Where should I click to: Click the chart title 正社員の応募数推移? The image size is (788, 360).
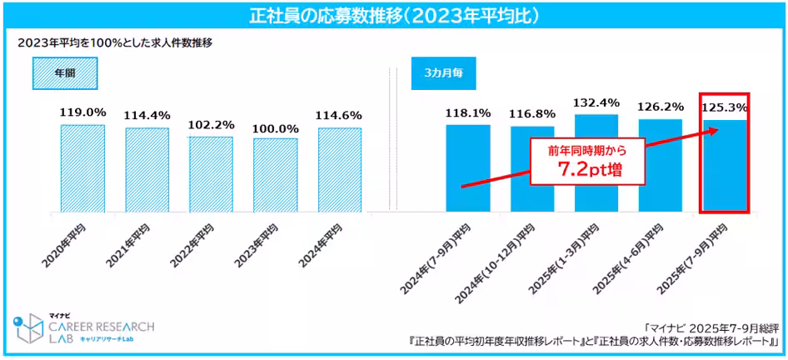[394, 16]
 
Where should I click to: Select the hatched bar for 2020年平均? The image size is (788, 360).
[82, 167]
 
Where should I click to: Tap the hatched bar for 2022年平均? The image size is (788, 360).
[211, 172]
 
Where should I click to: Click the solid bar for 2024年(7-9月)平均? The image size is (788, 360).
[467, 167]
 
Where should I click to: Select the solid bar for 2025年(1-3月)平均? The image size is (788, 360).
[596, 162]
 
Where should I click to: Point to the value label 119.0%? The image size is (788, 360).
[82, 112]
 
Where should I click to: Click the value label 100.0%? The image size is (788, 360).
[275, 128]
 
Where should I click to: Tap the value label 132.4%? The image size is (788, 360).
[596, 102]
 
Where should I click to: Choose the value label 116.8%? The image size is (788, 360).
[531, 113]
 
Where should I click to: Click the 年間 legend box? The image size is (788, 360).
[65, 72]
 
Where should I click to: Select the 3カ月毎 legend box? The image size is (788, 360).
[444, 72]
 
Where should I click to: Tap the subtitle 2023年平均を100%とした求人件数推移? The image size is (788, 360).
[115, 42]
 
